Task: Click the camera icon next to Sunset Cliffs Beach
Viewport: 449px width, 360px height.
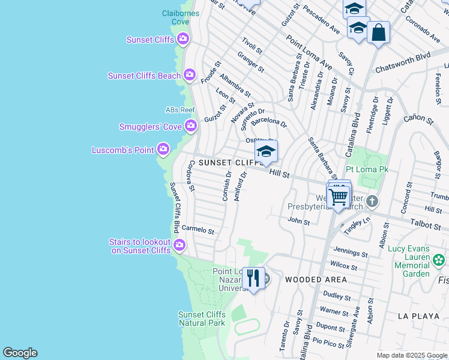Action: click(x=190, y=75)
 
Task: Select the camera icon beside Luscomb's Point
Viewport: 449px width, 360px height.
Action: click(x=163, y=149)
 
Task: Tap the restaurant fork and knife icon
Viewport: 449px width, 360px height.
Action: click(x=253, y=278)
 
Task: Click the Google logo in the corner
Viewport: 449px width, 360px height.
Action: click(x=20, y=353)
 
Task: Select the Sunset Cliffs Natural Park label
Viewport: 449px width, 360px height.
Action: click(x=202, y=319)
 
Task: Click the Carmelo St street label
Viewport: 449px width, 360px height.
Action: click(x=197, y=230)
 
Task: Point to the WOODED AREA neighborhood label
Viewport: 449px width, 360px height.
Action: click(x=315, y=280)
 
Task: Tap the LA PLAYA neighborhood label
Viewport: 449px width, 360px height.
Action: click(x=419, y=315)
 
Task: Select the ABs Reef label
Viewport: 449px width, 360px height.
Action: click(x=181, y=110)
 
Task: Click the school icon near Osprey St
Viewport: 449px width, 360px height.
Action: click(x=266, y=152)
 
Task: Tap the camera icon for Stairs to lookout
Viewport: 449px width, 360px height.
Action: click(x=179, y=244)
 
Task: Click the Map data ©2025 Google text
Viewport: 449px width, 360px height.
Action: click(x=411, y=355)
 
